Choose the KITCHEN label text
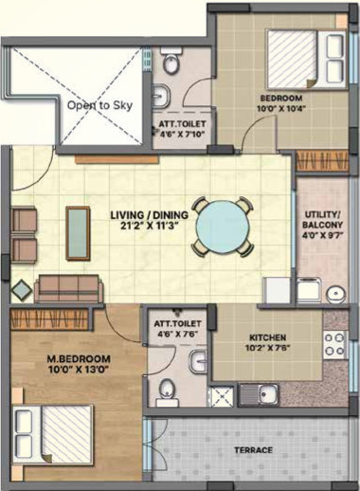[266, 336]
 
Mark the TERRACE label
[254, 449]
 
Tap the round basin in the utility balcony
[334, 294]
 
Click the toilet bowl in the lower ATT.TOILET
[167, 388]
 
